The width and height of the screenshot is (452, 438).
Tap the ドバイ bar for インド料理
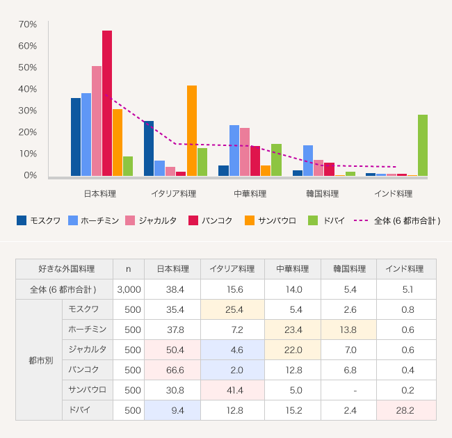pos(423,145)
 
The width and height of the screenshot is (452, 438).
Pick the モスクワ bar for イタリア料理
pos(149,148)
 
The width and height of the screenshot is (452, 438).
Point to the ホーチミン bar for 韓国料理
pos(308,161)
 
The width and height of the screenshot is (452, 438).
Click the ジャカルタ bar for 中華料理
pos(245,152)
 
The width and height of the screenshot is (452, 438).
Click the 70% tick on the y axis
pos(28,24)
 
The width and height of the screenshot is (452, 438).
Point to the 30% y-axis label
pos(28,111)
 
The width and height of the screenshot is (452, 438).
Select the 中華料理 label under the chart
pos(250,193)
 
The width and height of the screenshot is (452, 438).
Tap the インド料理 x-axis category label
pos(394,193)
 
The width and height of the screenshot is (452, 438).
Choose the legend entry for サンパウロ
pos(271,220)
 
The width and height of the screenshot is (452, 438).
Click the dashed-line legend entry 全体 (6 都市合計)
pos(397,220)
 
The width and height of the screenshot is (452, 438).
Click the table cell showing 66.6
pos(172,370)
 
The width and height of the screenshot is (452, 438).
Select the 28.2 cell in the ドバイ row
pos(406,410)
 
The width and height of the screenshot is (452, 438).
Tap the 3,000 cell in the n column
pos(129,289)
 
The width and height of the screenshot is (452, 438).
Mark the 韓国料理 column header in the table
pos(349,269)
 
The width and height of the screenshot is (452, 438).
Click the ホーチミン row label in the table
pos(88,330)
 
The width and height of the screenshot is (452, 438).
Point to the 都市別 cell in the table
pos(38,360)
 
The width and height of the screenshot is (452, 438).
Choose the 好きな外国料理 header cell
pos(65,269)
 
